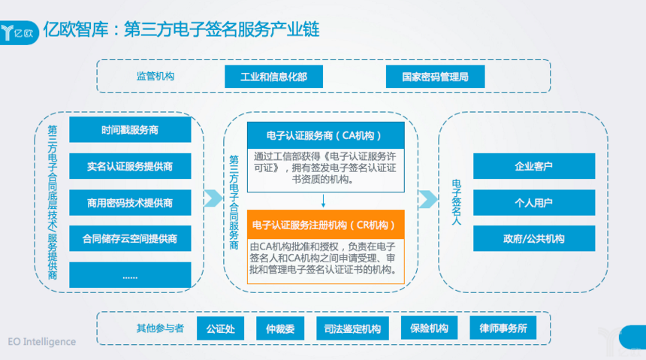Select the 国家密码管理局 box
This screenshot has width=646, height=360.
point(435,77)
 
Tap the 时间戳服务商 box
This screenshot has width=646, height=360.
point(130,130)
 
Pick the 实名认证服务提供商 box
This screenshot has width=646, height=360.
point(130,166)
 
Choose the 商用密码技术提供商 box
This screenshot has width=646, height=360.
point(130,203)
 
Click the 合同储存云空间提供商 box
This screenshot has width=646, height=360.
point(130,239)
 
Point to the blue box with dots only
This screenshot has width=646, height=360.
point(130,275)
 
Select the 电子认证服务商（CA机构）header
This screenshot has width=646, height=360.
point(325,135)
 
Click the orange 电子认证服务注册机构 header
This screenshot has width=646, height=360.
point(325,225)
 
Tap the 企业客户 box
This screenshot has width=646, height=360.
point(533,166)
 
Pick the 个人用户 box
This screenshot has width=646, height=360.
point(533,202)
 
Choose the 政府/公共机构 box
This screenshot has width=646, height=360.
point(533,239)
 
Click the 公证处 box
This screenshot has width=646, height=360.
point(220,328)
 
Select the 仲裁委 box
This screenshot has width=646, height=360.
point(279,328)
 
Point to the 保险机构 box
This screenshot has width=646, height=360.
point(429,328)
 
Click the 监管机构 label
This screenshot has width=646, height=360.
point(155,76)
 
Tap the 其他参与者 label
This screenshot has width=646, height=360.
point(160,328)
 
